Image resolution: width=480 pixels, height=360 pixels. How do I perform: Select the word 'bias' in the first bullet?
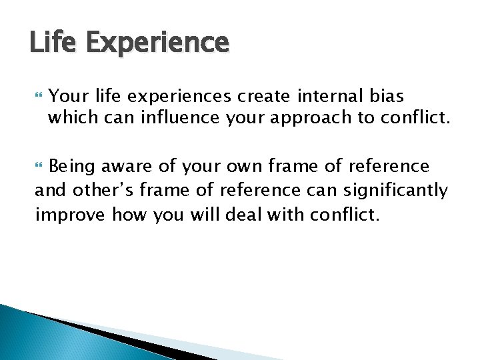pyautogui.click(x=385, y=97)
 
